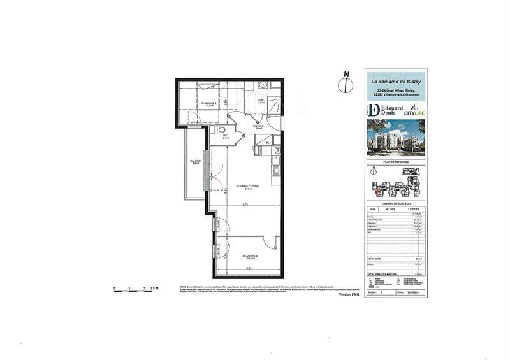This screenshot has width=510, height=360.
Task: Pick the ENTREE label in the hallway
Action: tap(259, 127)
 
